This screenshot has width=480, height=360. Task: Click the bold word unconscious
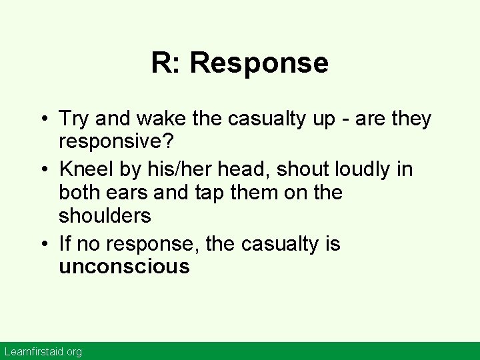(x=125, y=268)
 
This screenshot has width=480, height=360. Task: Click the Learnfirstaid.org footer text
(x=42, y=351)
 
